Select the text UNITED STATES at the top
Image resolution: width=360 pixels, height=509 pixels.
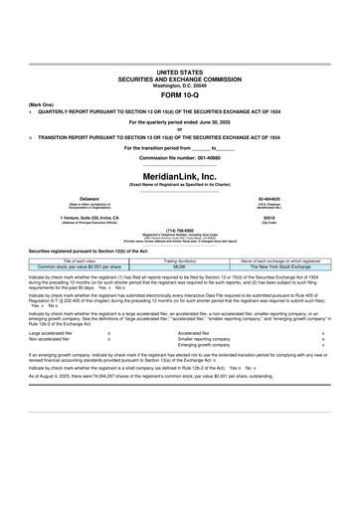(179, 74)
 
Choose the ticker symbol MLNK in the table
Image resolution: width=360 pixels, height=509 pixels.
(179, 266)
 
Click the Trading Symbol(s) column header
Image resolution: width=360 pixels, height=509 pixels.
(179, 260)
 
